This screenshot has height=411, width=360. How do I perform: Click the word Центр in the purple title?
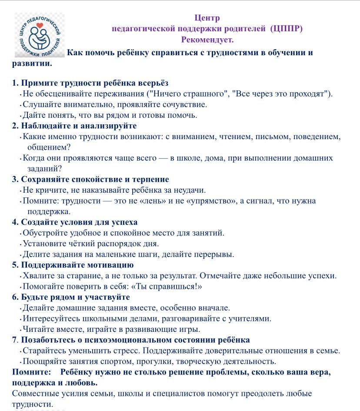[x=207, y=18]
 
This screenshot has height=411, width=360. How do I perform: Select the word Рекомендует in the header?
[x=207, y=40]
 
